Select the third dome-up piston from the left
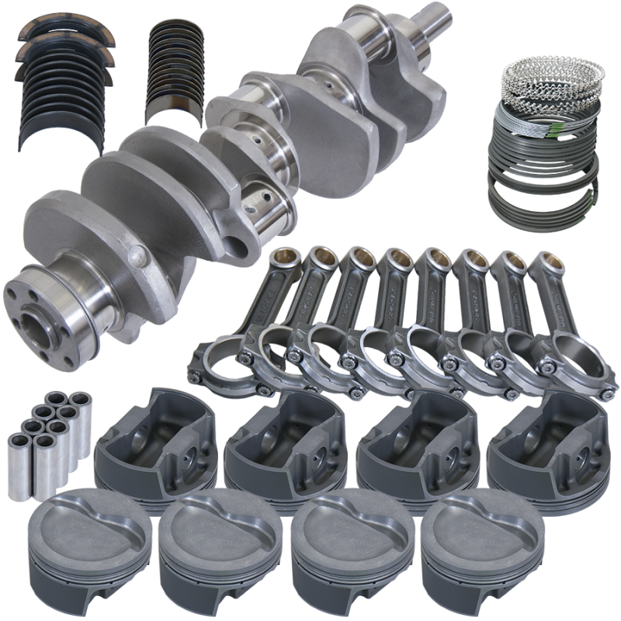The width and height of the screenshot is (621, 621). pos(342,547)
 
